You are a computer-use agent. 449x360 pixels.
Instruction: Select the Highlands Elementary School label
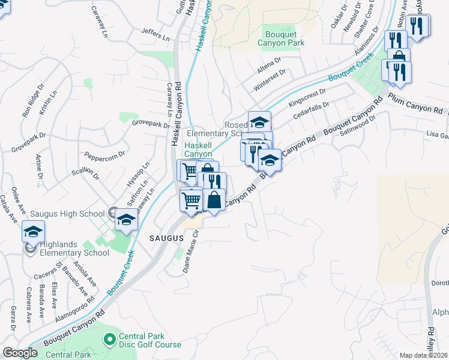click(x=75, y=248)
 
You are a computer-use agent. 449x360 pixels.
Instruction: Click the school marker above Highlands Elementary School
click(x=33, y=232)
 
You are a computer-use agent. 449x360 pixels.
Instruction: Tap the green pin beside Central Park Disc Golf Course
click(x=110, y=340)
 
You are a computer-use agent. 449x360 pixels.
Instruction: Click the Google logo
click(x=20, y=353)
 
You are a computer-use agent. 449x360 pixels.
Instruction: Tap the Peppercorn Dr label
click(x=104, y=154)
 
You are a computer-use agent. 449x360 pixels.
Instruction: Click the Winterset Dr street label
click(x=270, y=80)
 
